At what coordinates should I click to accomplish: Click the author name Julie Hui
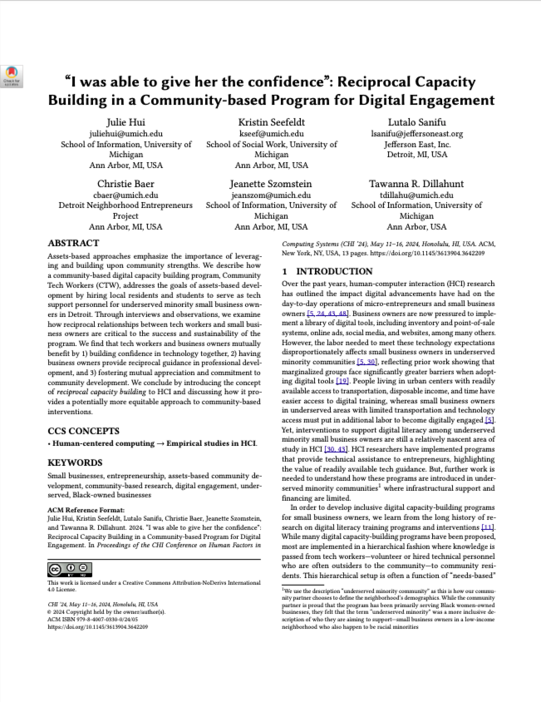pyautogui.click(x=125, y=121)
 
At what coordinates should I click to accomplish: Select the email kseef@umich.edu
pyautogui.click(x=271, y=133)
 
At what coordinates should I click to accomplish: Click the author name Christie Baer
pyautogui.click(x=125, y=183)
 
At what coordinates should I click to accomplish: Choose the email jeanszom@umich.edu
pyautogui.click(x=271, y=195)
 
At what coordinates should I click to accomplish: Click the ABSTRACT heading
pyautogui.click(x=74, y=244)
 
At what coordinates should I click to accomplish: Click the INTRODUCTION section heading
pyautogui.click(x=327, y=271)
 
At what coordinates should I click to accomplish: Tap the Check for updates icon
pyautogui.click(x=12, y=77)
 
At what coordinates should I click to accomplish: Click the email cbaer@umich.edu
pyautogui.click(x=125, y=195)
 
